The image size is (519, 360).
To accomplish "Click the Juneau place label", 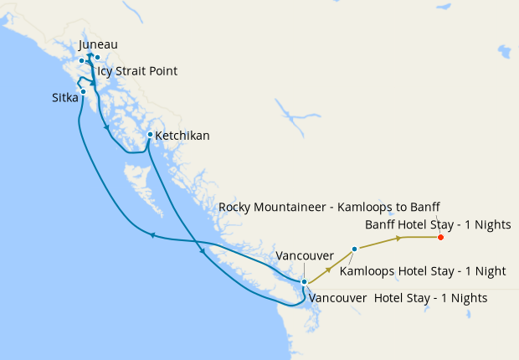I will [x=97, y=44].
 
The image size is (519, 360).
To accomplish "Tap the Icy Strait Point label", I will [x=136, y=71].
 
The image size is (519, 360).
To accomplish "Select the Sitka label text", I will [x=65, y=98].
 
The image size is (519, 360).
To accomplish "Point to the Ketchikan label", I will [x=182, y=135].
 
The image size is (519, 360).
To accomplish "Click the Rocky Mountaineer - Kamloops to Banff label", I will [x=329, y=207].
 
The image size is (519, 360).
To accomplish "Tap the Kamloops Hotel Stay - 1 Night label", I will [x=423, y=270].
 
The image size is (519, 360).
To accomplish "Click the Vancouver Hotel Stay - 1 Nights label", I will [x=398, y=297].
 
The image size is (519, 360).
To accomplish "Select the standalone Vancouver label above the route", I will [x=305, y=255].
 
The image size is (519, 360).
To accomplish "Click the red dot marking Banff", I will [x=440, y=237].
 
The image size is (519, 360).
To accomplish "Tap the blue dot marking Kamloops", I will [x=355, y=249].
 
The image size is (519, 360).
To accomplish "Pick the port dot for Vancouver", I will [x=304, y=282].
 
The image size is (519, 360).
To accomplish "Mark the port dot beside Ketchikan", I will [x=150, y=135].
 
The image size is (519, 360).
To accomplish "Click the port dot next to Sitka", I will [x=83, y=91].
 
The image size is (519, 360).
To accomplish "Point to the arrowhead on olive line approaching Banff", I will [x=398, y=238].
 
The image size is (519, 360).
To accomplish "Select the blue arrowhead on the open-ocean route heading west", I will [x=153, y=235].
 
